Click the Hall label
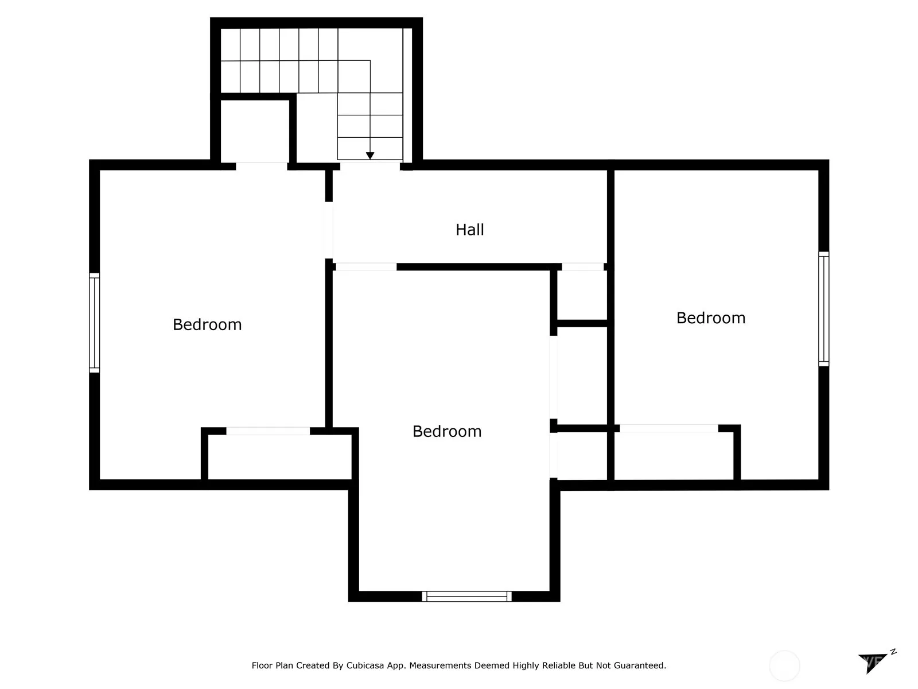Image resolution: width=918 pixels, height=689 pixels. [x=470, y=230]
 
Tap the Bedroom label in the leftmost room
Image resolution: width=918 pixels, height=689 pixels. [x=207, y=324]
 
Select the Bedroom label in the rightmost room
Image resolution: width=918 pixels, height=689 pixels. [x=711, y=318]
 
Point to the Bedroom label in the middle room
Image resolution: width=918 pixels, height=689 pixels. [x=447, y=431]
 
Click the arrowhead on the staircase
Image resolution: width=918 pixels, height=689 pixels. [x=370, y=156]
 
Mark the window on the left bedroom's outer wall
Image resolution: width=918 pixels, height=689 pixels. [x=95, y=323]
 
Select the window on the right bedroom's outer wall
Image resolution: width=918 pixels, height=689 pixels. [x=823, y=309]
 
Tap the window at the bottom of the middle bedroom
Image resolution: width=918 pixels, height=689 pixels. [x=466, y=596]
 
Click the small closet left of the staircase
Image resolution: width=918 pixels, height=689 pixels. [x=255, y=131]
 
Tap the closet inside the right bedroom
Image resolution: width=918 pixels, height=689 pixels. [x=674, y=455]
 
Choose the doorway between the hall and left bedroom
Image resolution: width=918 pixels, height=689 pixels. [x=329, y=230]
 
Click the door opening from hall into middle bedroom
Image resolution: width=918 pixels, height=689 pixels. [x=367, y=267]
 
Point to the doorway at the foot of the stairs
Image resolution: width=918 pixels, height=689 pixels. [x=370, y=166]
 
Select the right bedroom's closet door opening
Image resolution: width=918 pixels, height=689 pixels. [x=669, y=428]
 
